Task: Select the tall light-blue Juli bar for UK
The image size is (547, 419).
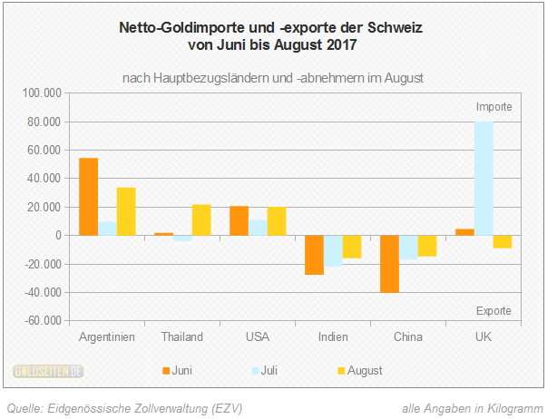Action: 484,179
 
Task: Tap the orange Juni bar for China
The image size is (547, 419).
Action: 390,264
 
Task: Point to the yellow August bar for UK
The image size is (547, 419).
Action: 502,241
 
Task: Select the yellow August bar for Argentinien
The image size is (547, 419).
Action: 125,211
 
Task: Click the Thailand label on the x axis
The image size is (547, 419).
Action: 181,337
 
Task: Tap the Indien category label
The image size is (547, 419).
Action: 332,337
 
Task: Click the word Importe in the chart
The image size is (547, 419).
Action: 494,107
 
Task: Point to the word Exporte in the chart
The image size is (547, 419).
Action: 494,311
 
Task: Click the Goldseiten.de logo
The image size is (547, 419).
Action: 49,370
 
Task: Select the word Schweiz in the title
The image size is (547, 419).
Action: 397,28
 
